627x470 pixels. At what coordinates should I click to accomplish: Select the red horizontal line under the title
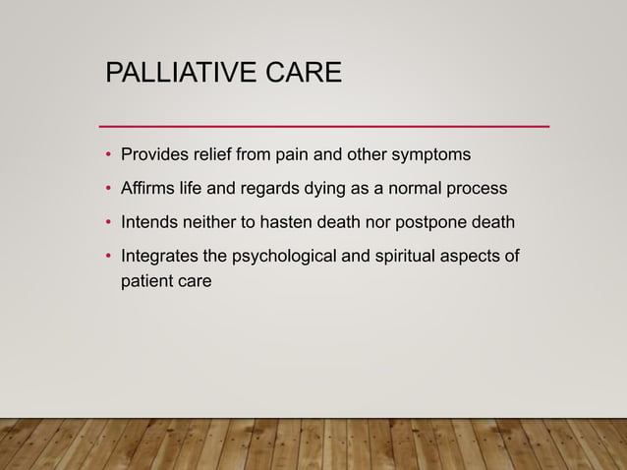tap(325, 127)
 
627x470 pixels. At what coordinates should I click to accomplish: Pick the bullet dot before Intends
tap(109, 223)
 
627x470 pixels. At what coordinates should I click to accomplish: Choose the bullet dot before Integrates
tap(109, 258)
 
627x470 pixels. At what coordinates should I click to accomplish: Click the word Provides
tap(153, 155)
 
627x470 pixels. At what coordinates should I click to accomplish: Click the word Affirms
tap(148, 189)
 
